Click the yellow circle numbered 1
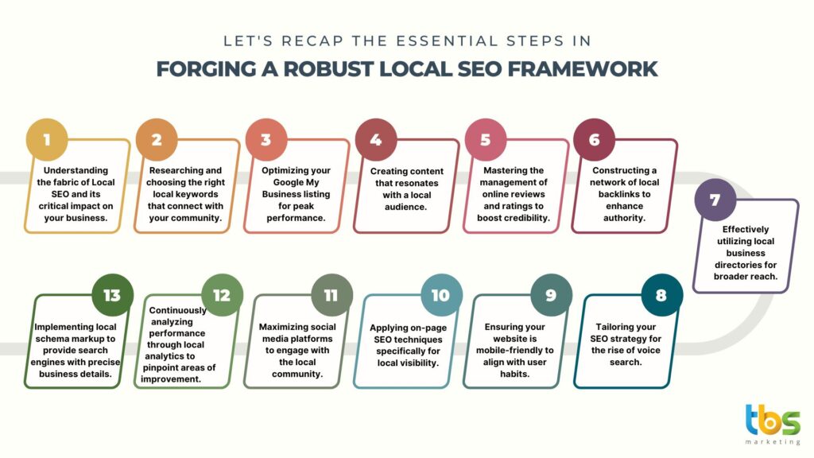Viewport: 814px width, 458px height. [x=47, y=140]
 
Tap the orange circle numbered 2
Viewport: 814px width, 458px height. [x=157, y=140]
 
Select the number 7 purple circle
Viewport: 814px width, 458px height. [x=715, y=200]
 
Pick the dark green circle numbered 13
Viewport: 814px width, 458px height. [x=112, y=295]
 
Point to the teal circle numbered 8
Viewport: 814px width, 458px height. [x=661, y=295]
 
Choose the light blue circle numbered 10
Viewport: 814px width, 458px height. [x=441, y=295]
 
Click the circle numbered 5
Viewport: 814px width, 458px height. [x=486, y=140]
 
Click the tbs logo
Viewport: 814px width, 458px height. [x=773, y=420]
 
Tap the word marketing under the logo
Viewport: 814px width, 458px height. [x=773, y=442]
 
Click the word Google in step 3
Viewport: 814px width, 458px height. [x=289, y=182]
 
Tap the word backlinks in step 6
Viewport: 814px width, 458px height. [x=624, y=194]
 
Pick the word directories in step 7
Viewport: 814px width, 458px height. [x=746, y=265]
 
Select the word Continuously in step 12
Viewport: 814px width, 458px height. [x=177, y=311]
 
